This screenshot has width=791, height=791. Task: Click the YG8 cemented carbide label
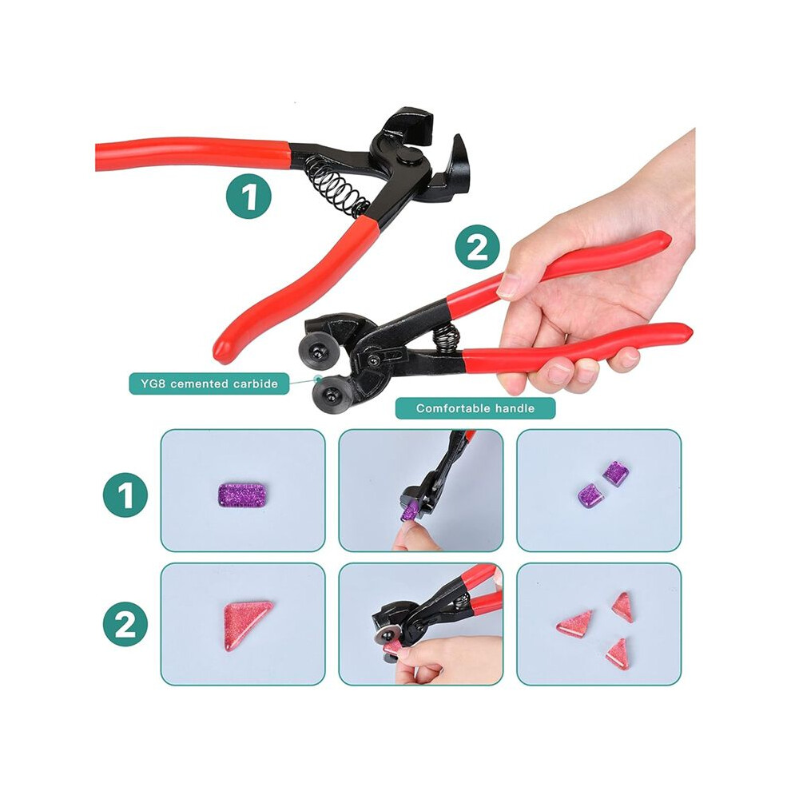209,384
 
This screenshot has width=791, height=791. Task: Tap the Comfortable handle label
475,408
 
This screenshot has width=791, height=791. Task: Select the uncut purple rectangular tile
242,495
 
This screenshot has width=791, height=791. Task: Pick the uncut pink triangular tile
245,625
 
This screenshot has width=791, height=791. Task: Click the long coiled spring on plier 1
336,182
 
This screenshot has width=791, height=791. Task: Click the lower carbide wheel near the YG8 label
330,393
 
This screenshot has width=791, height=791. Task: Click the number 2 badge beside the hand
477,248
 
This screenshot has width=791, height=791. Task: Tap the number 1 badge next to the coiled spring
248,196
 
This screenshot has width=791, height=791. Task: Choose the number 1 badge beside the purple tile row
125,495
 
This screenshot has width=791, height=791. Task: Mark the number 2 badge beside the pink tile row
125,624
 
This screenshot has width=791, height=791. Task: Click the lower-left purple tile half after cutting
590,495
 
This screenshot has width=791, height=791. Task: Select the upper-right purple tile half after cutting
616,473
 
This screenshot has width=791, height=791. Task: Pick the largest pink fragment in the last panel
574,622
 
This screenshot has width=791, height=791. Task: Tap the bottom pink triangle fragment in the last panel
618,654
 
